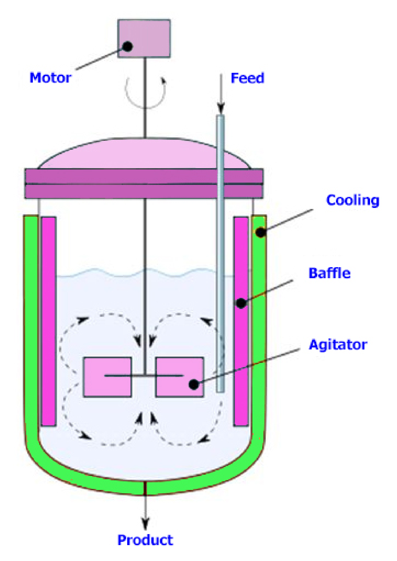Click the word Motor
pos(50,78)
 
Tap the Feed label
pos(247,78)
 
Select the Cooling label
pos(353,200)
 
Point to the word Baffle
pos(330,273)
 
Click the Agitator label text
pos(338,345)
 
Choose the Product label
pos(145,540)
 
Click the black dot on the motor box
pos(127,46)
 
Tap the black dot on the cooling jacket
pos(261,232)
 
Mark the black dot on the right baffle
pos(241,303)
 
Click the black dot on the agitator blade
pos(194,384)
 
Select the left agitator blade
pos(107,377)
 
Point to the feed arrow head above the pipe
pos(221,108)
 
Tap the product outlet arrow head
pos(145,523)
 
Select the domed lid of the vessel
pos(144,154)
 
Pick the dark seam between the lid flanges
pos(144,184)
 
